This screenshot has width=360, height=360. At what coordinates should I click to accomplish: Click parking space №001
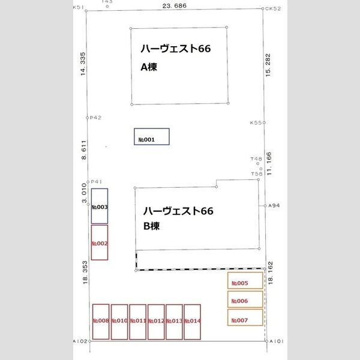pos(151,137)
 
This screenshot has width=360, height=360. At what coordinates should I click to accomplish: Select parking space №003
pos(100,206)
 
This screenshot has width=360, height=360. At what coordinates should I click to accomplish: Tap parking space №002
pos(100,242)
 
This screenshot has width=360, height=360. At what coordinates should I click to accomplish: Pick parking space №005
pos(245,281)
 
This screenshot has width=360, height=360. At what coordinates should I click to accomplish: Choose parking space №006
pos(245,299)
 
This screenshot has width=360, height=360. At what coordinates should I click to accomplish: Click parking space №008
pos(100,322)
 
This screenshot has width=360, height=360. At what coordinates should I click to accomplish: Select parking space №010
pos(119,322)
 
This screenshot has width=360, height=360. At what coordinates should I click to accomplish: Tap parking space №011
pos(137,322)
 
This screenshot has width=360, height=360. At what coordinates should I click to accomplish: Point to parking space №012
pos(156,322)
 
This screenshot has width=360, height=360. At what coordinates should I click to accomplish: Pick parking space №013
pos(174,322)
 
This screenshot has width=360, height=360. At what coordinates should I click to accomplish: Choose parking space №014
pos(192,322)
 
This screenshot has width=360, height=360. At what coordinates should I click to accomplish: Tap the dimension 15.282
pos(268,64)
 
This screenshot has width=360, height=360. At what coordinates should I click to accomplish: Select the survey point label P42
pos(96,118)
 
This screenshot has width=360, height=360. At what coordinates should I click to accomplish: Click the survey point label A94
pos(274,206)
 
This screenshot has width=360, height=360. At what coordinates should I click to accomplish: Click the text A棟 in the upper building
pos(148,67)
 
